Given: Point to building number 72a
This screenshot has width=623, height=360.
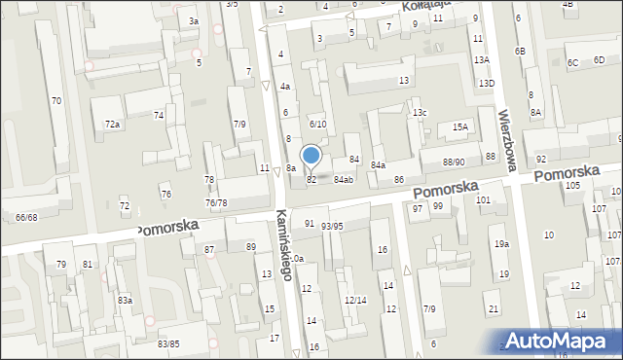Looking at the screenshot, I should point(113,125).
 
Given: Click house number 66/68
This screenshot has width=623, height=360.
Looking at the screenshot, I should point(26,217).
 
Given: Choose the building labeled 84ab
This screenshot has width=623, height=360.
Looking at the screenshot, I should point(343,180).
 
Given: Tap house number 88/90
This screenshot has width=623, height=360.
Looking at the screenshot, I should point(454,162).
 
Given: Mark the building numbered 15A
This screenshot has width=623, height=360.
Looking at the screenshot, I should point(459,126).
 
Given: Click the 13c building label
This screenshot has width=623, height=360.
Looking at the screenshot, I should point(419,113).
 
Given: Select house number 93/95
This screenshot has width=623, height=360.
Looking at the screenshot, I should point(333,226).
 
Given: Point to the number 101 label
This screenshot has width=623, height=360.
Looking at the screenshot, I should point(483,199).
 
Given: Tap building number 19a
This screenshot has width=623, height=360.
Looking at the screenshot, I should point(500,243).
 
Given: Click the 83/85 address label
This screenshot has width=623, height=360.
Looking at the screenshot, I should point(168,344).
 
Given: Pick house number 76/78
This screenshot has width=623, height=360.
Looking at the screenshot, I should point(216,202).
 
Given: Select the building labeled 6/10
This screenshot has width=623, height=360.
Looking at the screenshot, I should point(317,125).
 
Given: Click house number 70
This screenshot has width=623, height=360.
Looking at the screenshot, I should point(56,101).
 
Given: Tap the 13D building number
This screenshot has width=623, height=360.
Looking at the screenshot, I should point(486,84).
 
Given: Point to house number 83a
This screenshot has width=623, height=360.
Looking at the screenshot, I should point(125,300).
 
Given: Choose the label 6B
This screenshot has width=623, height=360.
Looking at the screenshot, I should point(520,51).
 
